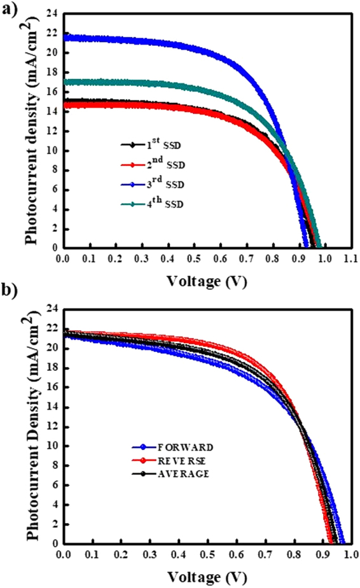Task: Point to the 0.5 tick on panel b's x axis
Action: click(x=206, y=556)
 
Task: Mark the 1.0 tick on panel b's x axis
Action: click(x=349, y=556)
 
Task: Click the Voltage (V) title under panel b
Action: click(x=207, y=577)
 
